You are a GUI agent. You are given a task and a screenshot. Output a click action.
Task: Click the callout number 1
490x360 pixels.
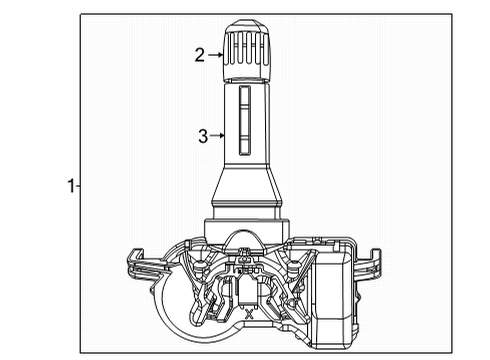70,185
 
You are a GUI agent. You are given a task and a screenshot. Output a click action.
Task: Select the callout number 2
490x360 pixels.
200,56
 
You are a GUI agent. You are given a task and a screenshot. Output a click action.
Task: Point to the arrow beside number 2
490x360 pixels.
217,56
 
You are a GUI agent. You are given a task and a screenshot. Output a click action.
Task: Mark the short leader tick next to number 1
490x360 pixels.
79,185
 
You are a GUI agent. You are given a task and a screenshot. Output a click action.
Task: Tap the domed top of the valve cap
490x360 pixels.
246,24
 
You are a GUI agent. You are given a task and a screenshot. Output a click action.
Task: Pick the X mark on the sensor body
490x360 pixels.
248,313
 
